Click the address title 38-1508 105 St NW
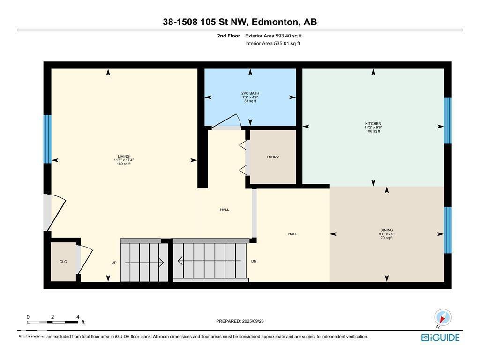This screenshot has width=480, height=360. pos(240,22)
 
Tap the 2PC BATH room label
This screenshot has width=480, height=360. pos(250,93)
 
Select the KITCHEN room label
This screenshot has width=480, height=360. pos(373,124)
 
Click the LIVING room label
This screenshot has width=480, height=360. pos(124,157)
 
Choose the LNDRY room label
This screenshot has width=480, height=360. pos(273,157)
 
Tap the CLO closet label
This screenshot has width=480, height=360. pos(63,262)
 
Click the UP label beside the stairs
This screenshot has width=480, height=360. pos(113,263)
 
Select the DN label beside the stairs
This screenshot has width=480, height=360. pos(254,261)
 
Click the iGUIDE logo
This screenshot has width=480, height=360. pos(440,337)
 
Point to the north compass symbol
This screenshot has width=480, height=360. pos(442,317)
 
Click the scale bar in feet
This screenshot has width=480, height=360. pos(52,322)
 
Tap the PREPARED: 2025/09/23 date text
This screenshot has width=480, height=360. pos(243,321)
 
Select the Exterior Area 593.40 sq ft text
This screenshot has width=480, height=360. pos(277,36)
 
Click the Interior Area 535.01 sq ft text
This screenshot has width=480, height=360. pos(272,44)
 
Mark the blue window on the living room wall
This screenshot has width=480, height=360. pos(47,139)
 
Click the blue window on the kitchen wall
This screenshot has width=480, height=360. pos(448,120)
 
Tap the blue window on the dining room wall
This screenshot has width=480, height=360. pos(448,230)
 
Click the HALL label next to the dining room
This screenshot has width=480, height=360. pos(292,234)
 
